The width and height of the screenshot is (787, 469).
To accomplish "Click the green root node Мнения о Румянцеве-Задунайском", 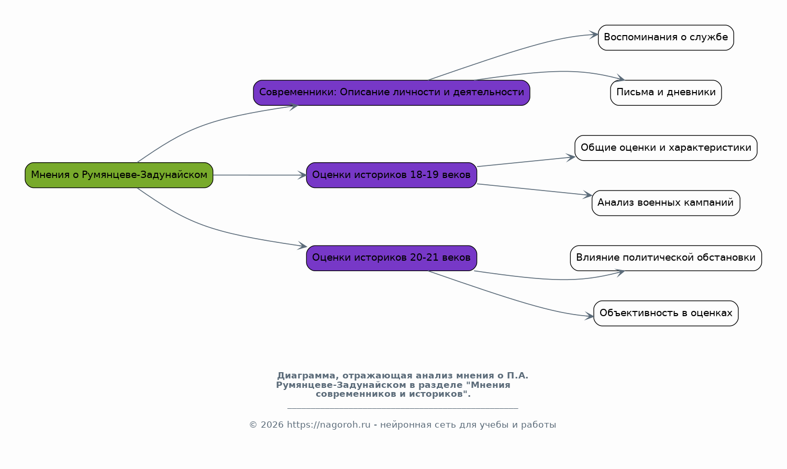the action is click(119, 175).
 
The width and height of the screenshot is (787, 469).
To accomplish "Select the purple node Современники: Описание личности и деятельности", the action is click(391, 93).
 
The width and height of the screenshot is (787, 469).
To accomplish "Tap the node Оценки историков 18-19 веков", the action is click(391, 175).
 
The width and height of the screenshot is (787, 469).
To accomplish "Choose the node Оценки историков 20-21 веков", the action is click(391, 258).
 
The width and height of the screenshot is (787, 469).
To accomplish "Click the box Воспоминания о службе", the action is click(666, 38).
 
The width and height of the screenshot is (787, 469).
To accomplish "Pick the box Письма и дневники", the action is click(666, 93).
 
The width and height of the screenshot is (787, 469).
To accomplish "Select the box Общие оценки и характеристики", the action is click(666, 148).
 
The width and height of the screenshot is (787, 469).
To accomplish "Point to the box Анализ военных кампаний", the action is click(666, 203).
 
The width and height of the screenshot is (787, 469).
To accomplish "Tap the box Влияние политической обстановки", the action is click(666, 258).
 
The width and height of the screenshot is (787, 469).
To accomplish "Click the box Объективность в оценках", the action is click(666, 314).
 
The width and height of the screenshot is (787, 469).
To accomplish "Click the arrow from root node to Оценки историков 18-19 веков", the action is click(260, 175).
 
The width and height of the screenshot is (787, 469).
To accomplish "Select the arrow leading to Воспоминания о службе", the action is click(513, 53).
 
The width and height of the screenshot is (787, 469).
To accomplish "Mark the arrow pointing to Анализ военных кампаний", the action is click(535, 189).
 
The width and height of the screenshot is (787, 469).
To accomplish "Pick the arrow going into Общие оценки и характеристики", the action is click(526, 162).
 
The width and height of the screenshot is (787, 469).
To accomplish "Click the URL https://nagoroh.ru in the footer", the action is click(328, 425).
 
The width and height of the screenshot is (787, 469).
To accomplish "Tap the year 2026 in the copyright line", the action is click(272, 425).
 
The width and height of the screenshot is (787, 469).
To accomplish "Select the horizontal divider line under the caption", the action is click(403, 408).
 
